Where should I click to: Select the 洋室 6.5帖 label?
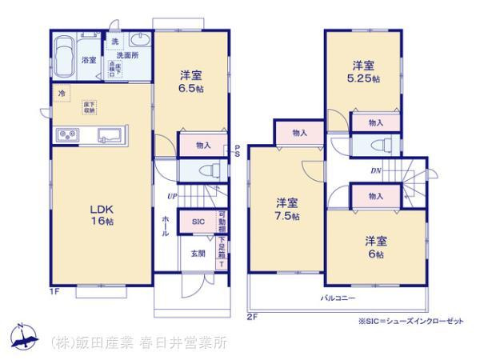[x=190, y=82]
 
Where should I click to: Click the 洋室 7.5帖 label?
[x=288, y=209]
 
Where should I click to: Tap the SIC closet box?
[x=197, y=222]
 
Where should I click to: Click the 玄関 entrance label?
[x=197, y=254]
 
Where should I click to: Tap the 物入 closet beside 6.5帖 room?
[x=203, y=145]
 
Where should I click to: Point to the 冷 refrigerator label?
[x=61, y=94]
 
